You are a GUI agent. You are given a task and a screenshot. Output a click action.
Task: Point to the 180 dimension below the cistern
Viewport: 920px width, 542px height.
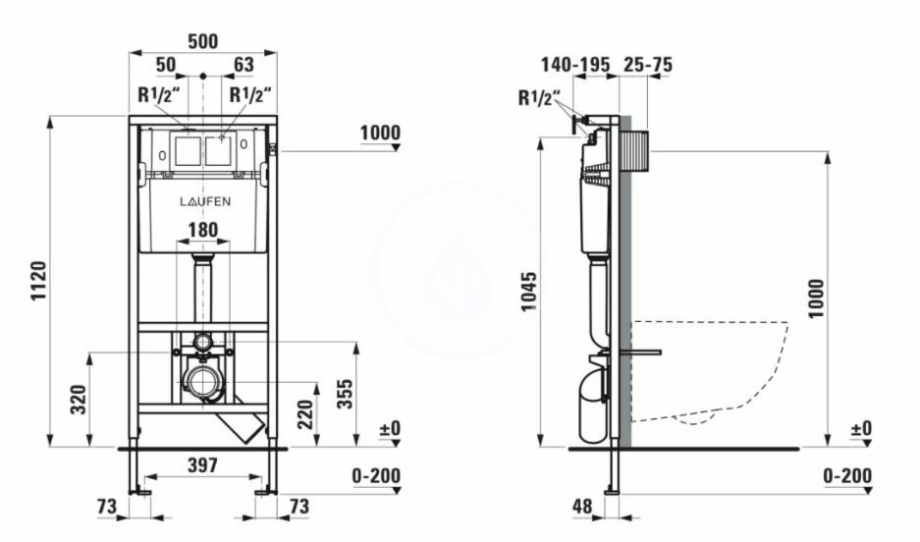pos(203,231)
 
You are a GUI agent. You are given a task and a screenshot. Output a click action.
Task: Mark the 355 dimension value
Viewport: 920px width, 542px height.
pos(344,393)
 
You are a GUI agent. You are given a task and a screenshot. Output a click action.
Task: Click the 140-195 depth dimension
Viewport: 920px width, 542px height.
pos(575,65)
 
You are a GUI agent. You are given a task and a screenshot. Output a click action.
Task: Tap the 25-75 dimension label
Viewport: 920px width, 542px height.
pos(647,65)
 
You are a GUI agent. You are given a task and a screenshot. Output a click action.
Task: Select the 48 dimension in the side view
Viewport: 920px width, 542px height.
pos(584,507)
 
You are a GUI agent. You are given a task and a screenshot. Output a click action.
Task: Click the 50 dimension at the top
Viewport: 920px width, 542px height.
pos(166,65)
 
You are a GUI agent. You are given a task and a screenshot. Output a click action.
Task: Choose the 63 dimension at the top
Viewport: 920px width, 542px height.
pos(243,65)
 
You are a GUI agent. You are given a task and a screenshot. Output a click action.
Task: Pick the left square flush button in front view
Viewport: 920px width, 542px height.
pos(188,151)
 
